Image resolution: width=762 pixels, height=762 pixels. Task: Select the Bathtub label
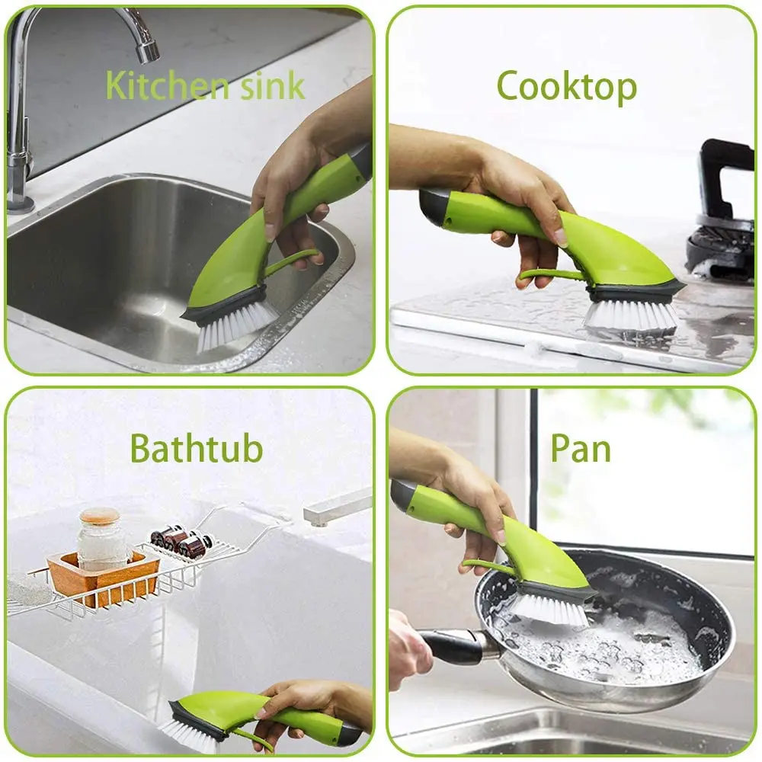pos(196,448)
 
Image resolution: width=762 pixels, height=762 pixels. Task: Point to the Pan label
pos(581,448)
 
